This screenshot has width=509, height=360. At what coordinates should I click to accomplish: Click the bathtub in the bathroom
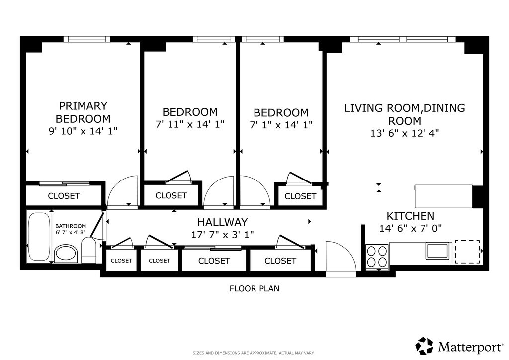pyautogui.click(x=38, y=236)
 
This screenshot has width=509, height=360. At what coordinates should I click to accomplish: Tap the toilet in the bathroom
pyautogui.click(x=88, y=250)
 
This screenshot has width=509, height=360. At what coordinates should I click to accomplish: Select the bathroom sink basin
pyautogui.click(x=66, y=254)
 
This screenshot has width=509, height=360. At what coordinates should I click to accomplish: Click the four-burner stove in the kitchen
pyautogui.click(x=377, y=257)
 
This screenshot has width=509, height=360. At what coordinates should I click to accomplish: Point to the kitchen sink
pyautogui.click(x=437, y=251)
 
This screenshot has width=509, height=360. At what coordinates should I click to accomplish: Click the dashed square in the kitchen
pyautogui.click(x=467, y=252)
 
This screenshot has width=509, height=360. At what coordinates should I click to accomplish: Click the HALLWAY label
pyautogui.click(x=222, y=222)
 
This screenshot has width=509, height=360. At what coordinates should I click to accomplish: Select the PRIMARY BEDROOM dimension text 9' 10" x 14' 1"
pyautogui.click(x=83, y=131)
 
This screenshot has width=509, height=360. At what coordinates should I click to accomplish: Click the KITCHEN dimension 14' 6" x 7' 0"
pyautogui.click(x=411, y=229)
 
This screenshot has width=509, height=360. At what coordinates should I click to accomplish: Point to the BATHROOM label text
pyautogui.click(x=71, y=226)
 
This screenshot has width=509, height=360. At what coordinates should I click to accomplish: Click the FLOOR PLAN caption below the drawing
pyautogui.click(x=254, y=288)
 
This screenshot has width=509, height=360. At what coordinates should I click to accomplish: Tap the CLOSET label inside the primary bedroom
pyautogui.click(x=64, y=196)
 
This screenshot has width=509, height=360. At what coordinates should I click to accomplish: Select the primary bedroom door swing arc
pyautogui.click(x=123, y=191)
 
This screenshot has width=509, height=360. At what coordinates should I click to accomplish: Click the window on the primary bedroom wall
pyautogui.click(x=86, y=39)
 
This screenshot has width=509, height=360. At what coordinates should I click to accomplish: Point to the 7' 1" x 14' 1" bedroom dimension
pyautogui.click(x=281, y=125)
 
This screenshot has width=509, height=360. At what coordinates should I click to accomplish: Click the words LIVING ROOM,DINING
pyautogui.click(x=405, y=108)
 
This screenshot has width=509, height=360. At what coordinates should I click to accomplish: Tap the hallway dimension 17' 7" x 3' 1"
pyautogui.click(x=222, y=234)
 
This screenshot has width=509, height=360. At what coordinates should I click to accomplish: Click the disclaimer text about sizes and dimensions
pyautogui.click(x=254, y=353)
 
